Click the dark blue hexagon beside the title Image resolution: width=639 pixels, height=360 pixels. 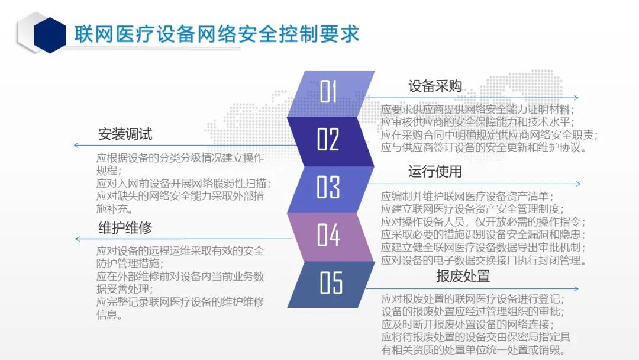50,35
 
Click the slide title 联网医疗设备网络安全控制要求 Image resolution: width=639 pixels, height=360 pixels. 217,34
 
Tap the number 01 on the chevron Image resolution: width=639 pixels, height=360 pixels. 328,91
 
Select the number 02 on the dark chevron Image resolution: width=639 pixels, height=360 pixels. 328,139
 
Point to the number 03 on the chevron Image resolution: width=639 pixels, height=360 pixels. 328,187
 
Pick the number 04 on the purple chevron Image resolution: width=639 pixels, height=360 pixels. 328,235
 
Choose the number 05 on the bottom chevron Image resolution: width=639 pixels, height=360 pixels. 331,282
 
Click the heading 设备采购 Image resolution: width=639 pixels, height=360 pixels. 435,86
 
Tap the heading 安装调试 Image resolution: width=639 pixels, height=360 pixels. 125,134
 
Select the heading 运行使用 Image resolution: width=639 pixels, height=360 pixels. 435,172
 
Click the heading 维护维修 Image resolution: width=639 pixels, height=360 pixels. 125,227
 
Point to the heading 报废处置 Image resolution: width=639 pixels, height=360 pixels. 463,276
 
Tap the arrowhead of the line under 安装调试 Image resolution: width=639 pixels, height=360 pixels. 76,145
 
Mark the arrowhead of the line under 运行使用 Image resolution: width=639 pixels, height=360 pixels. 578,184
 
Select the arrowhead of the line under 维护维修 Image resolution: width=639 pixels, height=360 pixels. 78,239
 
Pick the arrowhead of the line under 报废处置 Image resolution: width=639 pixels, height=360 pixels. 576,289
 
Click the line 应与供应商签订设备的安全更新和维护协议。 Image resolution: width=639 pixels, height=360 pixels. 484,147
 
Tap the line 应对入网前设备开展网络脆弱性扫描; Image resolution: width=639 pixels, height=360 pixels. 184,184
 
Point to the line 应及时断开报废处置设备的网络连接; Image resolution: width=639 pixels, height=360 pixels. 467,324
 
